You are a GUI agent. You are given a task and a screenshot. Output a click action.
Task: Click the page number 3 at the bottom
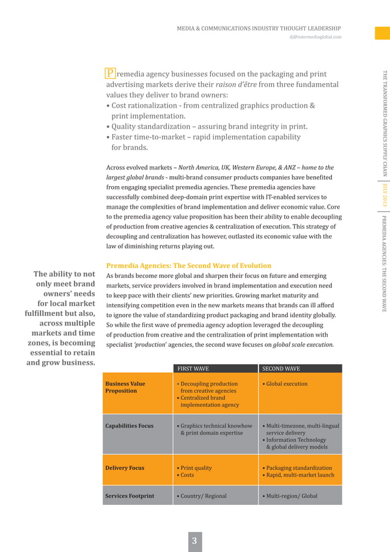(x=194, y=540)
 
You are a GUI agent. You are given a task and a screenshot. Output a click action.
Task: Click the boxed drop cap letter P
(x=111, y=73)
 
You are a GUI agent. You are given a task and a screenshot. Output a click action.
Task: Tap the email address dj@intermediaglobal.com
(x=315, y=37)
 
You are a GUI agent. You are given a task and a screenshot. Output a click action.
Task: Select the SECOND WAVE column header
(x=281, y=369)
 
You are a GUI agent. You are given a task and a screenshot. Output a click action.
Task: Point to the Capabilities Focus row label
(x=129, y=426)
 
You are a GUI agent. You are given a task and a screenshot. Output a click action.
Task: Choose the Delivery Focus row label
(x=125, y=468)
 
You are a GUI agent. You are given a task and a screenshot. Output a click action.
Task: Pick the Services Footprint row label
(x=130, y=496)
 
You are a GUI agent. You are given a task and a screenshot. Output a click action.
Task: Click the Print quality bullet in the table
(x=195, y=468)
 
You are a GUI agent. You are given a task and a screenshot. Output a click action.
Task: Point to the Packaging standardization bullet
(x=298, y=468)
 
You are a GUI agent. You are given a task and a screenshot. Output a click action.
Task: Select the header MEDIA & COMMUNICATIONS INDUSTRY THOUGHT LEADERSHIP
(x=259, y=28)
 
